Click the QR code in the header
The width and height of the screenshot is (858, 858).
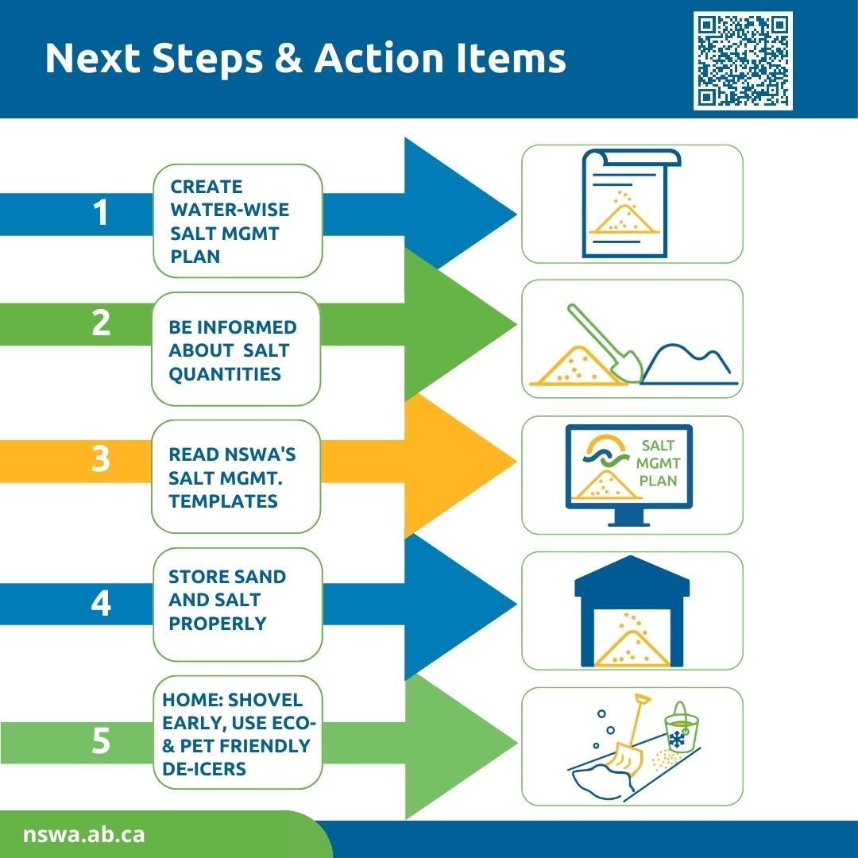(743, 60)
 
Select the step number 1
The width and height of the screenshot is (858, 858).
(101, 212)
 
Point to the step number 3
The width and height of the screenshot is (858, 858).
(101, 458)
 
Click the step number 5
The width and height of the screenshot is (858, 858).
(101, 741)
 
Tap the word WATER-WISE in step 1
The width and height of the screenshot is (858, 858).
(230, 210)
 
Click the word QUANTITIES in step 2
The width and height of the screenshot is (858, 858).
(225, 373)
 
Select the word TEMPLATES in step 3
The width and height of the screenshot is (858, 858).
(223, 501)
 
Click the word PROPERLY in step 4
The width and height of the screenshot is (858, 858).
(218, 624)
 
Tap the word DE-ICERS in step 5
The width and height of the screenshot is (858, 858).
(204, 769)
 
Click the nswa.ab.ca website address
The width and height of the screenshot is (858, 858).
(83, 834)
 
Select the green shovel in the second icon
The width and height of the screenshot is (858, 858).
(605, 343)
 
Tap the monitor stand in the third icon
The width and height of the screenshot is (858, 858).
(629, 517)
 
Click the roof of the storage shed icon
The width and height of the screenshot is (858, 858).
(632, 576)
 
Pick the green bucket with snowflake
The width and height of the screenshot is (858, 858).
(680, 728)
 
